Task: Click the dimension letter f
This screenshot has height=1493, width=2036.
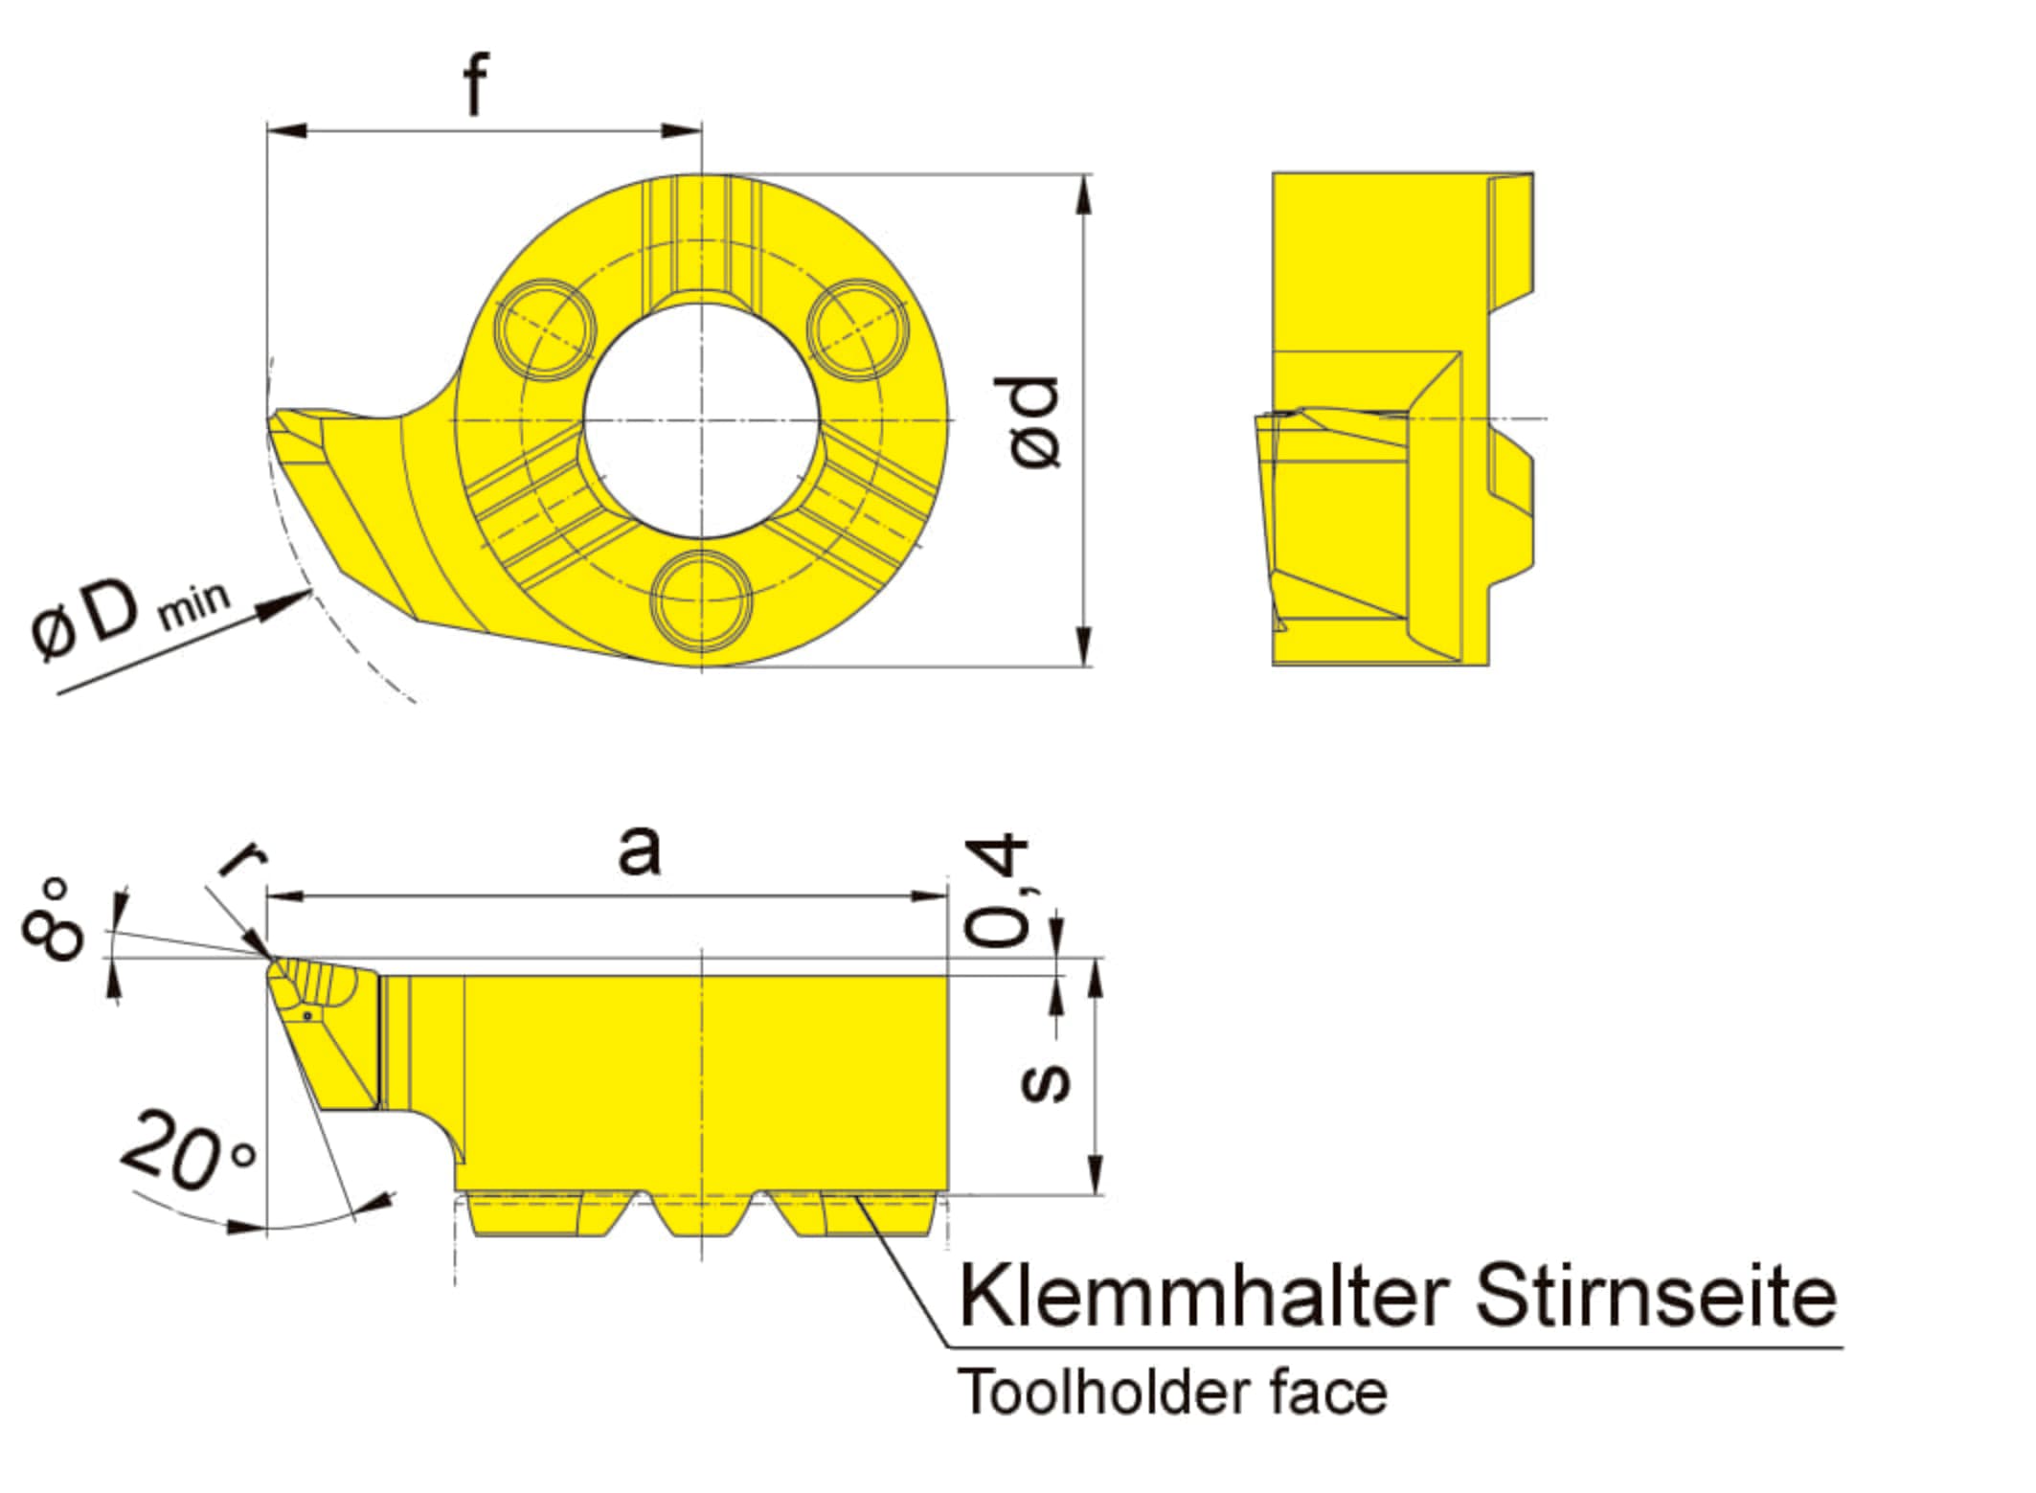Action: (476, 84)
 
